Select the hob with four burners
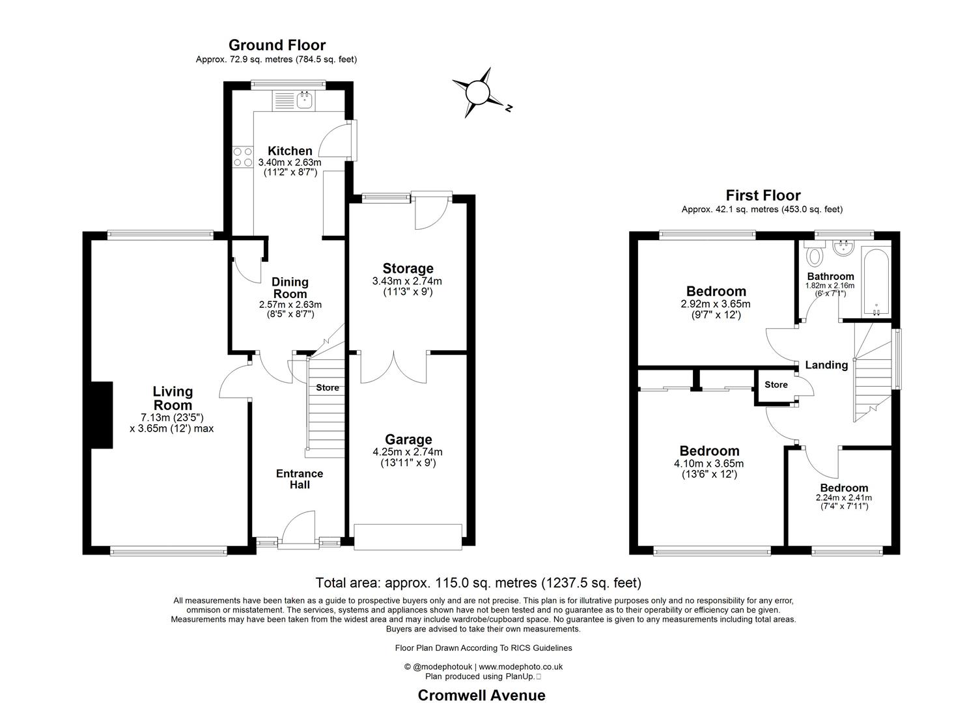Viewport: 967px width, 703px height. (x=243, y=157)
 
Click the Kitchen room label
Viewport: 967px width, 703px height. (x=290, y=151)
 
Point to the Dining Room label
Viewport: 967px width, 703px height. (x=290, y=288)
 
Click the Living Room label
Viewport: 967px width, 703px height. (x=173, y=398)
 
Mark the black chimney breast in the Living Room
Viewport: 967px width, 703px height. (x=102, y=415)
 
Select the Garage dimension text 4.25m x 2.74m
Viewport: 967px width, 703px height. (x=408, y=452)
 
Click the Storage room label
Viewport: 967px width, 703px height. (x=408, y=268)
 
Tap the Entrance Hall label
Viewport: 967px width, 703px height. (x=300, y=479)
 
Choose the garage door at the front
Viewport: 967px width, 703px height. (x=408, y=536)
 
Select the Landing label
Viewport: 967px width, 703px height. (x=826, y=365)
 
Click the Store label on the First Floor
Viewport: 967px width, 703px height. (x=776, y=385)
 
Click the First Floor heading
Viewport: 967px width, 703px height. (x=763, y=195)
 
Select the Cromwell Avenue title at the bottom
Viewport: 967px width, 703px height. (x=481, y=695)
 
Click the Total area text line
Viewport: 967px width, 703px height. (x=478, y=583)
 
